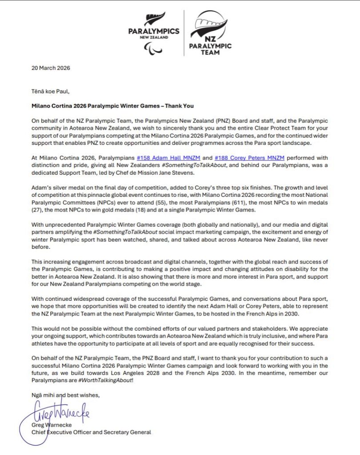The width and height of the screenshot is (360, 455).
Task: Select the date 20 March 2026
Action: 51,68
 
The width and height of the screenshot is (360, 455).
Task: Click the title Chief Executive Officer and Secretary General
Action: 91,432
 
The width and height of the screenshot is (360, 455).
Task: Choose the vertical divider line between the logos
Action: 184,33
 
